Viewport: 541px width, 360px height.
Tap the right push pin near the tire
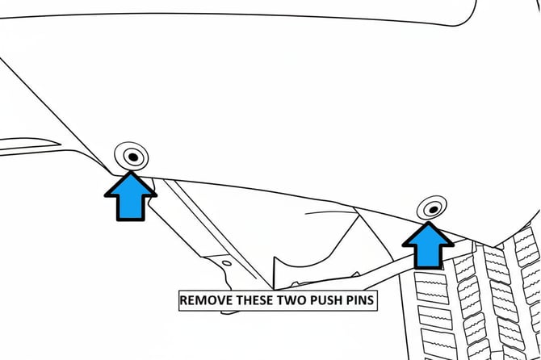(x=433, y=209)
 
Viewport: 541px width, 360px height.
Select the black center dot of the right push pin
(x=434, y=209)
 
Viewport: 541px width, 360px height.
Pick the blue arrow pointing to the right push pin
(x=427, y=244)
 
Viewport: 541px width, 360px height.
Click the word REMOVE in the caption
(x=206, y=300)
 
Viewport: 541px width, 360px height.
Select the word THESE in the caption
(x=258, y=300)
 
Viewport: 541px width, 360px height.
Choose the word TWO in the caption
(x=298, y=300)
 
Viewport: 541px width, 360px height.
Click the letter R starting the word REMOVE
(x=183, y=300)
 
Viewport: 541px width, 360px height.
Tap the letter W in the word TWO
(x=298, y=300)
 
